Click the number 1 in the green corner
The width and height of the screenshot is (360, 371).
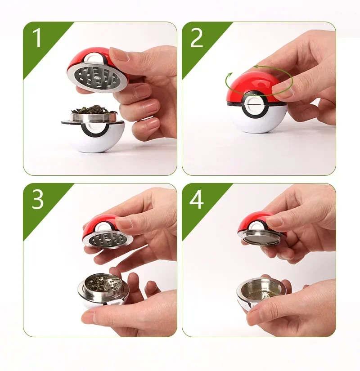point(37,38)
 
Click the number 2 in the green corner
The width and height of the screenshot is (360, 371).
point(196,38)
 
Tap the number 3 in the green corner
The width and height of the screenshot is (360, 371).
point(38,200)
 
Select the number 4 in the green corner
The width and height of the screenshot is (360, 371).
point(197,200)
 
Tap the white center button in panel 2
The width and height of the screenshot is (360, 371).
point(254,105)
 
